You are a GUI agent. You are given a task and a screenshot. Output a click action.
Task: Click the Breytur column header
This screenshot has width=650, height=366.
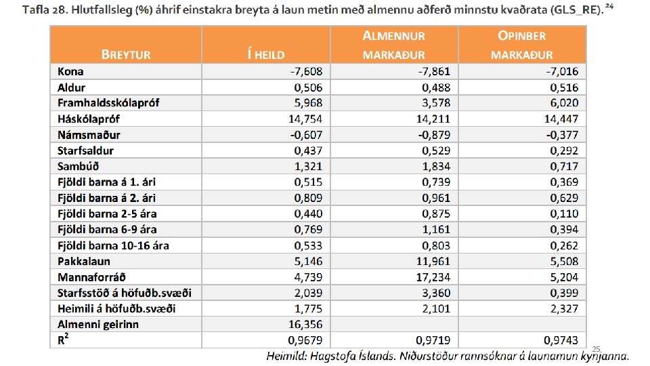(126, 54)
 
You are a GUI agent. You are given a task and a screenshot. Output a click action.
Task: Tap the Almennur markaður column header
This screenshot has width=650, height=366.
(393, 45)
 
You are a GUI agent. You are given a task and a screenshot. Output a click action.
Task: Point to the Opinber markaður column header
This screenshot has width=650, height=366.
(522, 45)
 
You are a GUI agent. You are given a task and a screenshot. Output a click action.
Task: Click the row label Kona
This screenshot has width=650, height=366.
(70, 71)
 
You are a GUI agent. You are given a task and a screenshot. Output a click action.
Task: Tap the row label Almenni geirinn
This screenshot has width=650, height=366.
(98, 325)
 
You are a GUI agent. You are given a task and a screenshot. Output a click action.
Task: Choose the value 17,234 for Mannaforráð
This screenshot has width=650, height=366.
(433, 277)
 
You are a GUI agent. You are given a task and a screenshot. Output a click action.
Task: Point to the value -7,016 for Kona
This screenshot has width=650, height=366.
(559, 71)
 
